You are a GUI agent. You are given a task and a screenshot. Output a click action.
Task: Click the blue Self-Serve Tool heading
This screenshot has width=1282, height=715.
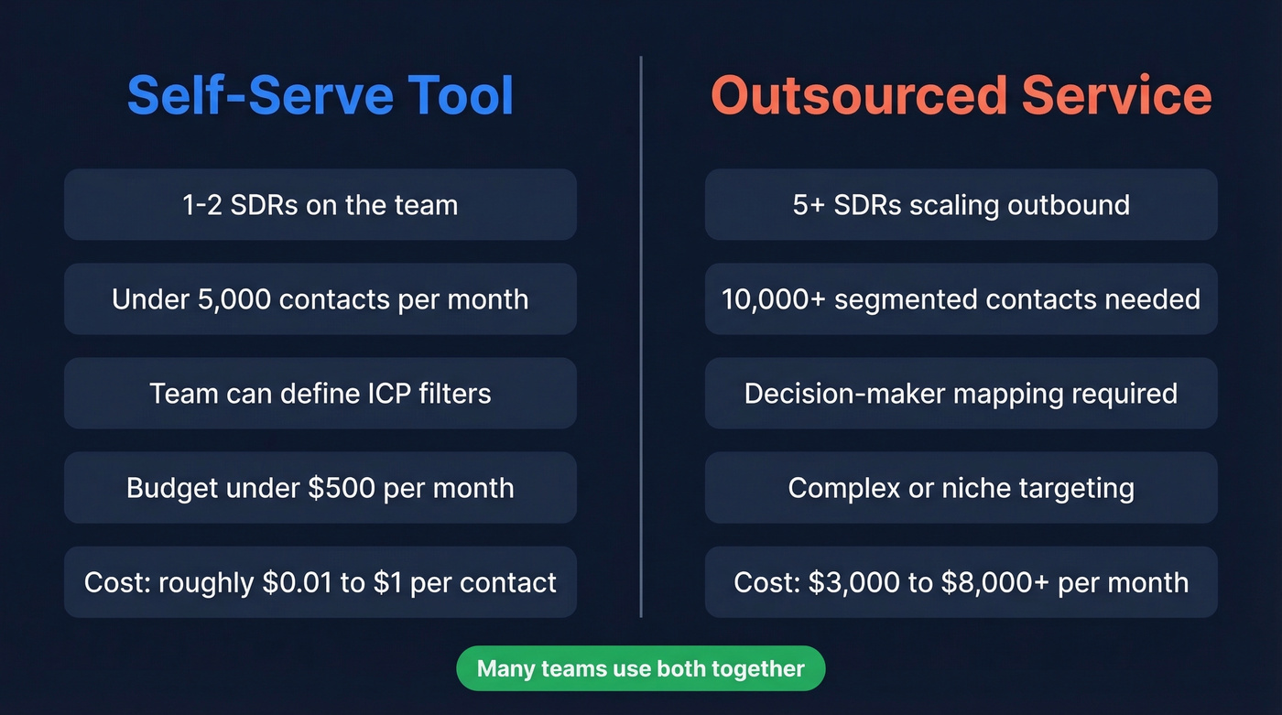(x=320, y=95)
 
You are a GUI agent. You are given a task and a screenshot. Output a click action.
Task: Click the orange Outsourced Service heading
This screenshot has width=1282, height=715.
(x=961, y=95)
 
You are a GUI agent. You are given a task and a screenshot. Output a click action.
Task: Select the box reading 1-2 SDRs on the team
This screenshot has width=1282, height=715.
(x=320, y=204)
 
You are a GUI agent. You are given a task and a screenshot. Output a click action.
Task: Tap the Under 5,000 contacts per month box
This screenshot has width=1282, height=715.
(x=320, y=298)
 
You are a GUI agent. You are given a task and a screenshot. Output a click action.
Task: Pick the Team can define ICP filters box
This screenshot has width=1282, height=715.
(x=320, y=394)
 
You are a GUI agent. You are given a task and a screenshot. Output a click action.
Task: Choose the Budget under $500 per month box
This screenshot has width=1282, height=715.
(x=320, y=487)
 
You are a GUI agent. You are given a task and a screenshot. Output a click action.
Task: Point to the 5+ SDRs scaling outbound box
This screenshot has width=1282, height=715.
(x=961, y=204)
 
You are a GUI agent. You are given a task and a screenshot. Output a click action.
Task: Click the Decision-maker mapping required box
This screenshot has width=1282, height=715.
(x=961, y=394)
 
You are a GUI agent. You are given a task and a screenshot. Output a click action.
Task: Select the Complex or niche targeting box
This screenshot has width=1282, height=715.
(x=961, y=487)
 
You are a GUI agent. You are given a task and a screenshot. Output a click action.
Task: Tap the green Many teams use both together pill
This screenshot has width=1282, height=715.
(x=640, y=668)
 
